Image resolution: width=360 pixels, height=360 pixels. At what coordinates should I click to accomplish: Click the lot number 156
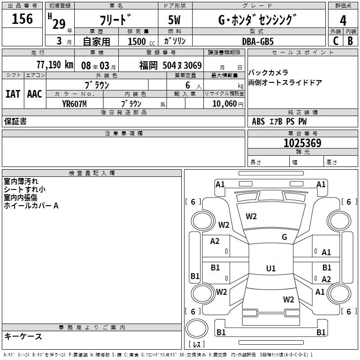pyautogui.click(x=22, y=19)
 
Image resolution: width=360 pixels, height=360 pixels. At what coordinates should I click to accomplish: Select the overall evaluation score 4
pyautogui.click(x=343, y=20)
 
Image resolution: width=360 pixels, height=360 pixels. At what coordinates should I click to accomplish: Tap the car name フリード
pyautogui.click(x=116, y=20)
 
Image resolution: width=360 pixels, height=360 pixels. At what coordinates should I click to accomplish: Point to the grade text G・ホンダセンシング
pyautogui.click(x=257, y=20)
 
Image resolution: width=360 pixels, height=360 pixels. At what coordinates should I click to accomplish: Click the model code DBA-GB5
pyautogui.click(x=257, y=41)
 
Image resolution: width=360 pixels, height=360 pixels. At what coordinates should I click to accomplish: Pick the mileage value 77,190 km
pyautogui.click(x=54, y=65)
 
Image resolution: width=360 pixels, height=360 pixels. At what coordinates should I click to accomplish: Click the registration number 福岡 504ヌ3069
pyautogui.click(x=170, y=65)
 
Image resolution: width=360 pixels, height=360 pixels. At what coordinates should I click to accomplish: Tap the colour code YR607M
pyautogui.click(x=74, y=103)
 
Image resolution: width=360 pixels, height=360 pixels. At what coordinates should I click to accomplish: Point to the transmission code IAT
pyautogui.click(x=13, y=94)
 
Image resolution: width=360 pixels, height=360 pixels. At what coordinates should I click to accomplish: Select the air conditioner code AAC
pyautogui.click(x=34, y=94)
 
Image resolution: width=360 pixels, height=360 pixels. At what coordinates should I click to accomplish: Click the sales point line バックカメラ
pyautogui.click(x=268, y=72)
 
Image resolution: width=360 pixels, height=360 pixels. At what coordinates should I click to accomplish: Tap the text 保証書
pyautogui.click(x=15, y=121)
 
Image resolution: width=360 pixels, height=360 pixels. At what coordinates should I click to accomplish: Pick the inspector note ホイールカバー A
pyautogui.click(x=31, y=206)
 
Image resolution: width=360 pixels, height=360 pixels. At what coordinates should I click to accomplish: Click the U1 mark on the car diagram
pyautogui.click(x=270, y=268)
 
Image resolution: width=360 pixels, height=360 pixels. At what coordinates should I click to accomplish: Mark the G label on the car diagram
pyautogui.click(x=284, y=237)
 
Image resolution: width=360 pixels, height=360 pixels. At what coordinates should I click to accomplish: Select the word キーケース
pyautogui.click(x=23, y=337)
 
